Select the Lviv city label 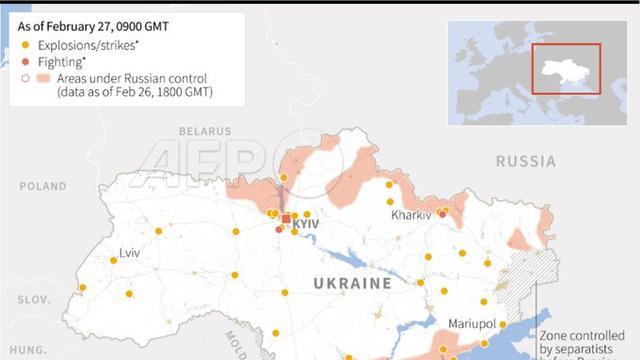click(129, 252)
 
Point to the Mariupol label click(475, 324)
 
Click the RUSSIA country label click(526, 161)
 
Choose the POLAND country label click(42, 186)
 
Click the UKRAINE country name click(353, 284)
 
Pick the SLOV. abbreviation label click(33, 300)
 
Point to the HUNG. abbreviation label click(23, 350)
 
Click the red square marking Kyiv click(286, 218)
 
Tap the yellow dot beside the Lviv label click(114, 260)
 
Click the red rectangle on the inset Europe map click(565, 68)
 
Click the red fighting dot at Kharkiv click(442, 212)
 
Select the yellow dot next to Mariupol click(503, 324)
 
